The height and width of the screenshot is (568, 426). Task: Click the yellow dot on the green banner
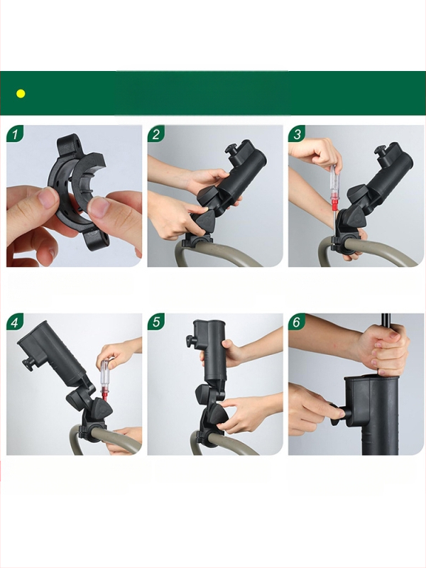(21, 94)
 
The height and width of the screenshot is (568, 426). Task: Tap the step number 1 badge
(15, 133)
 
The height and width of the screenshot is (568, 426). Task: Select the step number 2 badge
(155, 133)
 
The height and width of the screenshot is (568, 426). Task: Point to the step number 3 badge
(297, 133)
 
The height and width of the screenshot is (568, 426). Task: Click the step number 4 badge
(15, 322)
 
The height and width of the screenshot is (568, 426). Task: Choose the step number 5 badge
(155, 322)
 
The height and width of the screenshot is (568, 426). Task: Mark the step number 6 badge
(297, 322)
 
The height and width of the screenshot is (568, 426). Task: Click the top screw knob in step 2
(232, 149)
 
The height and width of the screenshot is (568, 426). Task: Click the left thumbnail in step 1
(47, 198)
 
